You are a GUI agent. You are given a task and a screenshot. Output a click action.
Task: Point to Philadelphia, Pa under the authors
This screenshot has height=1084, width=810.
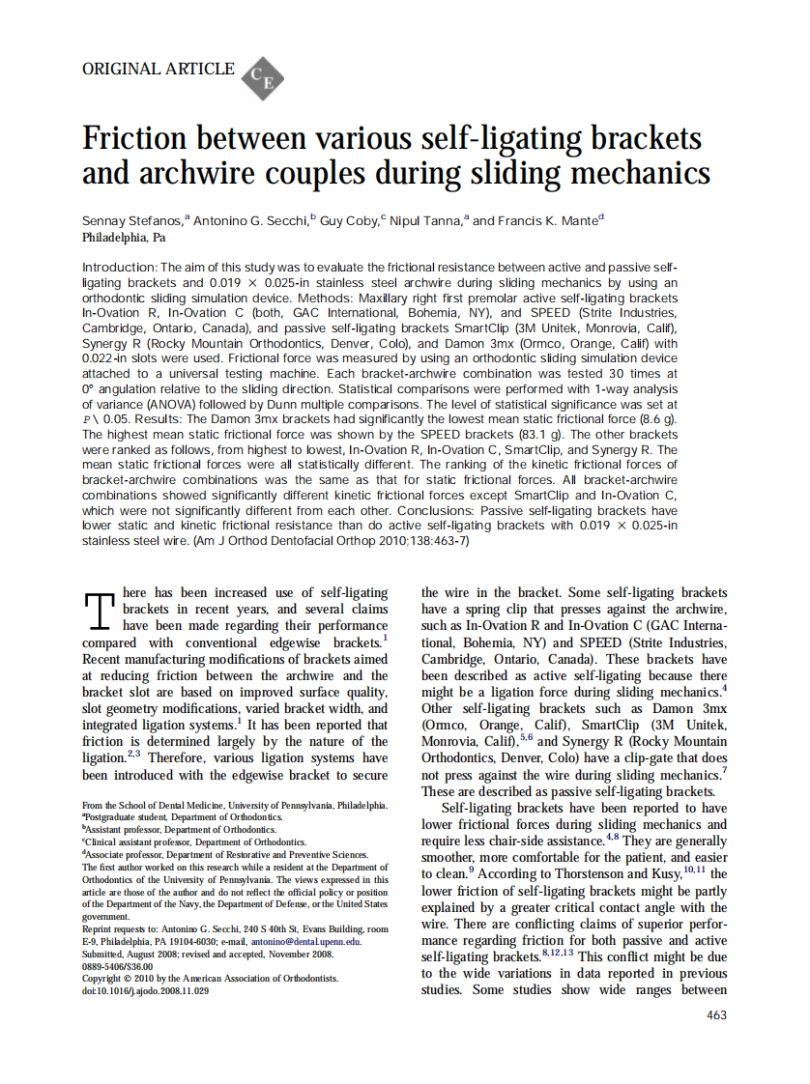(x=124, y=237)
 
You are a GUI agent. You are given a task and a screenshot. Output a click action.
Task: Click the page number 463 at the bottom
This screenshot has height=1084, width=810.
(x=716, y=1014)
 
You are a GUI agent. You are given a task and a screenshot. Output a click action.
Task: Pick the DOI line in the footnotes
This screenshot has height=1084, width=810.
(x=145, y=991)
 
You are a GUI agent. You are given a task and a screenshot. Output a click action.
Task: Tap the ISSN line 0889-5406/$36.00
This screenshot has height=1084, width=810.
(x=117, y=965)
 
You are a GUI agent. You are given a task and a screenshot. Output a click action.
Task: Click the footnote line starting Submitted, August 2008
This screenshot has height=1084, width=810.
(x=208, y=953)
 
